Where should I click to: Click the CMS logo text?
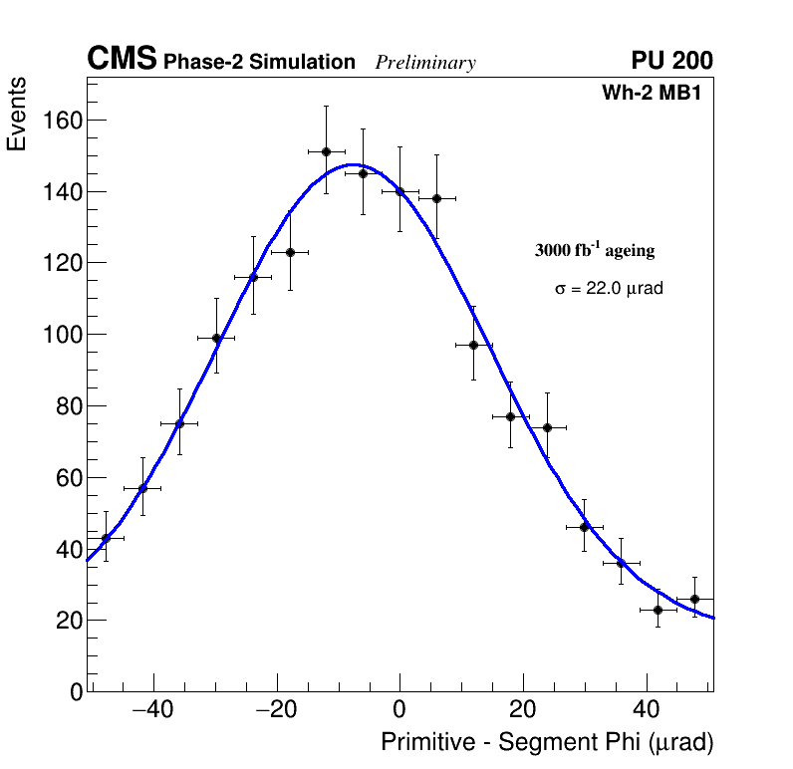click(122, 60)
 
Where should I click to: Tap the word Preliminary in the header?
click(425, 63)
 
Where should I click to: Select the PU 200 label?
click(671, 61)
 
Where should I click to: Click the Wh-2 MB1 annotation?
click(657, 93)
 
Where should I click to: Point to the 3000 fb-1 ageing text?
click(595, 250)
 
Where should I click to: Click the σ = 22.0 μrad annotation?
click(609, 289)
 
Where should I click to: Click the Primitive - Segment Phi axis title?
click(547, 742)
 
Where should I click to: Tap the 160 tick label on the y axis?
click(62, 121)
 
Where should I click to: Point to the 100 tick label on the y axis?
click(62, 335)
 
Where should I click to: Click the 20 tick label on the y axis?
click(67, 621)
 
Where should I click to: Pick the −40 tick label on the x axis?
click(150, 710)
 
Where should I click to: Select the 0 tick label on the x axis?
click(399, 710)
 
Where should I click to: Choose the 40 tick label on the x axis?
click(646, 710)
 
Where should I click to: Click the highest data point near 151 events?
click(326, 151)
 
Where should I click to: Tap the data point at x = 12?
click(473, 345)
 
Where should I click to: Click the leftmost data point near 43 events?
click(106, 538)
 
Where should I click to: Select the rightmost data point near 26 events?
click(694, 599)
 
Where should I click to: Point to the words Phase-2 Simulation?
click(259, 63)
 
